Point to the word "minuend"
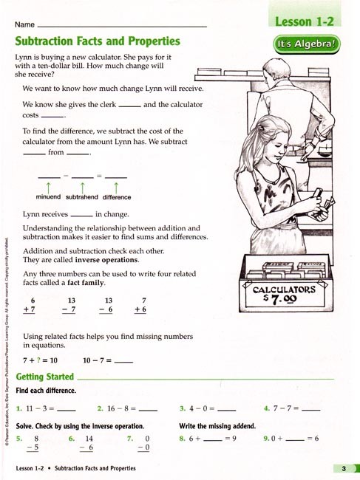click(x=48, y=197)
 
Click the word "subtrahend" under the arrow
click(x=82, y=197)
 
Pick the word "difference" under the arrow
click(x=117, y=197)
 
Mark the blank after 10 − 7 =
click(x=124, y=361)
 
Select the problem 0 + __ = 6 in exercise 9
click(x=291, y=439)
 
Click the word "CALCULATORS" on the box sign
click(x=285, y=289)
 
